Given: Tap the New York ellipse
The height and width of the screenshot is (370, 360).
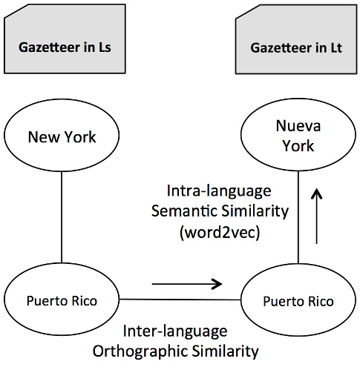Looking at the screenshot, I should coord(62,136).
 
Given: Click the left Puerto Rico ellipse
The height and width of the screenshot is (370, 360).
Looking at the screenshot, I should coord(62,301).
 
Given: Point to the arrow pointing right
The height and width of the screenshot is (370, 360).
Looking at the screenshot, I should coord(186,283).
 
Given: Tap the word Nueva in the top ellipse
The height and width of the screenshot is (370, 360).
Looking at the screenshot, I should coord(297,127).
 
